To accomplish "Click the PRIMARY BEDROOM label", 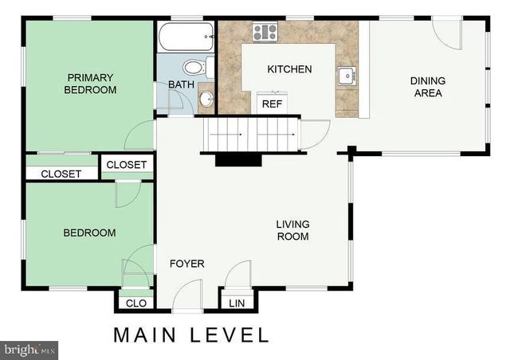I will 91,84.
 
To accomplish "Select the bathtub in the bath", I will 186,37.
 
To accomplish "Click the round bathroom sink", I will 206,99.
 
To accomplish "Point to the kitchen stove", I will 265,33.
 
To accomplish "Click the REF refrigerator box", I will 272,104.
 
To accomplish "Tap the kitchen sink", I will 347,76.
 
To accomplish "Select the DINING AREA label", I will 428,87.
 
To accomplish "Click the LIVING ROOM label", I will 292,230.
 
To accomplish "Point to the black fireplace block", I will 237,159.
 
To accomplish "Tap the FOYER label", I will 186,264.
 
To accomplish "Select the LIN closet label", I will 237,303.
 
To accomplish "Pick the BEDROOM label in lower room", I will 89,233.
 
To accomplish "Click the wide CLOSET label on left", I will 61,174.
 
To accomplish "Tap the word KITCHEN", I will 288,69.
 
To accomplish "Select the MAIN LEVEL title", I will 191,335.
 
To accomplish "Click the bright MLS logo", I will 29,350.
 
